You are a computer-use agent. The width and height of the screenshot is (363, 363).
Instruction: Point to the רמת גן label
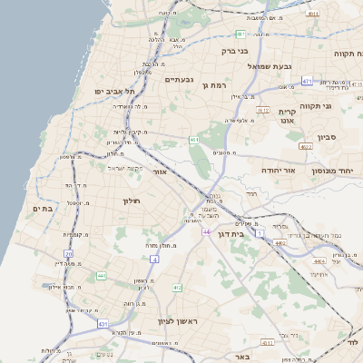tap(218, 86)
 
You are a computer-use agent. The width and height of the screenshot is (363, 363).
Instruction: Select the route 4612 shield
tap(263, 110)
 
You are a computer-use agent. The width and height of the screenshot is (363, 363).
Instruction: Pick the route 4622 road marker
tap(305, 146)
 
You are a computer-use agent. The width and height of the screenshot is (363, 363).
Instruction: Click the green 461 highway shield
tap(194, 140)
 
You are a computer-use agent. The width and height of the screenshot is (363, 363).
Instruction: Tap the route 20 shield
tap(69, 253)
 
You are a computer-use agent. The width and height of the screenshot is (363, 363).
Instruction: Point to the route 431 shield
tap(103, 323)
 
